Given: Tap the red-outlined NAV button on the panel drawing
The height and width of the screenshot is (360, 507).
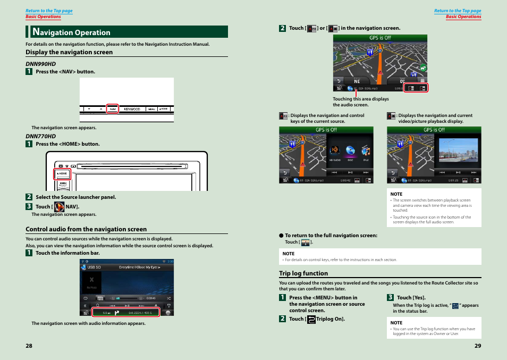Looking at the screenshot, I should [112, 108].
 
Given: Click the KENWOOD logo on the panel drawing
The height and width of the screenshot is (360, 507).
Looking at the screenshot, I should [132, 108].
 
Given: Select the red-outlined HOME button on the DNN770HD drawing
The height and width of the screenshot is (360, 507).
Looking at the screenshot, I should [62, 174].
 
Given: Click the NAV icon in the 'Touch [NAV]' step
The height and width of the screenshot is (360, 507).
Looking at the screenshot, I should [60, 207].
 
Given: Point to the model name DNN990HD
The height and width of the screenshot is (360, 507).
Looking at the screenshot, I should [41, 64].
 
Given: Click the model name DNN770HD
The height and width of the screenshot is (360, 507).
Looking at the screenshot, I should [41, 136].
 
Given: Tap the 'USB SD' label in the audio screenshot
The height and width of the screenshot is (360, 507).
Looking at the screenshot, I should [94, 267].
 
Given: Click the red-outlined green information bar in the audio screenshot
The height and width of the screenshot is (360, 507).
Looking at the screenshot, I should [125, 312].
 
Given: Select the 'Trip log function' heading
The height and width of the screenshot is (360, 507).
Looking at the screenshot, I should [303, 273].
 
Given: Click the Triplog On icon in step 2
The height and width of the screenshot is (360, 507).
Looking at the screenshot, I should [311, 319].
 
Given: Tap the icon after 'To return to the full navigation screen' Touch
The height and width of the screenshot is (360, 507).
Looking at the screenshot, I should [306, 242].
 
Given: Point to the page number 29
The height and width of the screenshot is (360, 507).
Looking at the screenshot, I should [477, 346].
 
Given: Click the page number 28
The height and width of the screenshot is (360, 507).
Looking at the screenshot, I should [29, 346].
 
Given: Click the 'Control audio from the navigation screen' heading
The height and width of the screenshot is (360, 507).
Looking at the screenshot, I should [86, 229].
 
